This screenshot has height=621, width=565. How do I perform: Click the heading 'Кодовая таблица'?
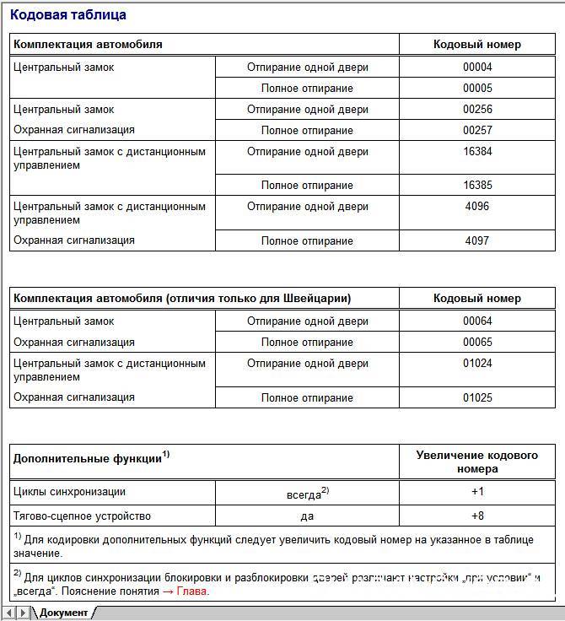[x=68, y=15]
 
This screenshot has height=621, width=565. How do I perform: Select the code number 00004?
[x=477, y=67]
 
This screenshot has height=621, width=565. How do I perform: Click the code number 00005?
[x=477, y=89]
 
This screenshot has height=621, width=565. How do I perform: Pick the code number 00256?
[x=477, y=110]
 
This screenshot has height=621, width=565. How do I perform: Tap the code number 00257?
[x=477, y=131]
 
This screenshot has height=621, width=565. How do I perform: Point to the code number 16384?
[x=477, y=152]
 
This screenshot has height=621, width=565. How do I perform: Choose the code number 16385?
[x=477, y=186]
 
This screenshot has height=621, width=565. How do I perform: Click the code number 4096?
[x=477, y=207]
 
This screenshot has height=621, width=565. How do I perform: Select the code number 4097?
[x=477, y=241]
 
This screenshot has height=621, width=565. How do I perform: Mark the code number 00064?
[x=477, y=321]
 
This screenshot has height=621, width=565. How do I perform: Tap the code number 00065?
[x=477, y=343]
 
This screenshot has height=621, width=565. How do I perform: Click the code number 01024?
[x=477, y=364]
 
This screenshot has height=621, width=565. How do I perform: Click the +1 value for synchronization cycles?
[x=477, y=492]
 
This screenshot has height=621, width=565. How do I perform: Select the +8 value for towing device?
[x=477, y=516]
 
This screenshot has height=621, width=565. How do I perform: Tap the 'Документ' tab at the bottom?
[x=63, y=613]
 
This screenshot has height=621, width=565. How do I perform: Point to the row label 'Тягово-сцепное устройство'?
[x=83, y=516]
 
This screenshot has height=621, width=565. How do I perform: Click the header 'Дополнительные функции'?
[x=88, y=460]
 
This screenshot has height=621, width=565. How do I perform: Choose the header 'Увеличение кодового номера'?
[x=477, y=462]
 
